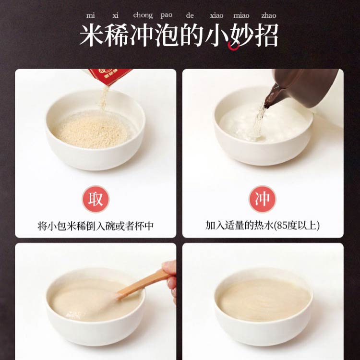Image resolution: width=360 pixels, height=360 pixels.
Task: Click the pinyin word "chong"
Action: tap(143, 15)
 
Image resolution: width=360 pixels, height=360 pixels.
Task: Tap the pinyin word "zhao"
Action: tap(269, 15)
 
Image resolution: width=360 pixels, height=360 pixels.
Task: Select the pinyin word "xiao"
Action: tap(216, 15)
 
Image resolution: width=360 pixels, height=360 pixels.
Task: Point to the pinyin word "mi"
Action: tap(90, 15)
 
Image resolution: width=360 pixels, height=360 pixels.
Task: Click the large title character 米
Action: tap(92, 35)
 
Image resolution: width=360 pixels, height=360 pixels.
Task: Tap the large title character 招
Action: tap(266, 35)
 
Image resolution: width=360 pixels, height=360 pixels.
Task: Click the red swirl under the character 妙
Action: tap(233, 46)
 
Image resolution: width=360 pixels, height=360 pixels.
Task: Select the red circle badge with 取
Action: tap(96, 199)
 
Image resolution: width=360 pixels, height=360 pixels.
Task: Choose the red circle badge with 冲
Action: tap(263, 199)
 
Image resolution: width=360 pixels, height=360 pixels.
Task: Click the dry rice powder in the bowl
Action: tap(92, 131)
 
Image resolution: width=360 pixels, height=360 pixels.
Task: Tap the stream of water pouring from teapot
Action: tap(259, 122)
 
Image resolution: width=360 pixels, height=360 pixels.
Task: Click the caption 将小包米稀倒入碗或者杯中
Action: tap(96, 226)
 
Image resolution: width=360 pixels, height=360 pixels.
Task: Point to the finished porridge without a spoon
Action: tap(264, 300)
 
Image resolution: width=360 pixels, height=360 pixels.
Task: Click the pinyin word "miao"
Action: tap(241, 15)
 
